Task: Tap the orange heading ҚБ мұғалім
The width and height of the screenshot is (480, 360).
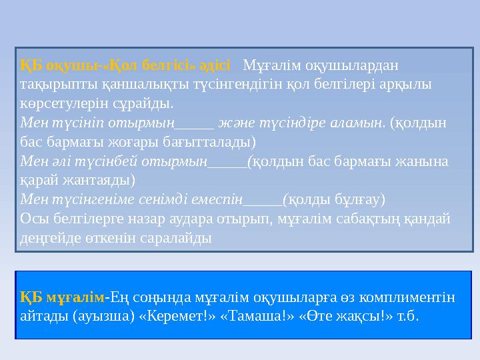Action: pyautogui.click(x=63, y=297)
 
